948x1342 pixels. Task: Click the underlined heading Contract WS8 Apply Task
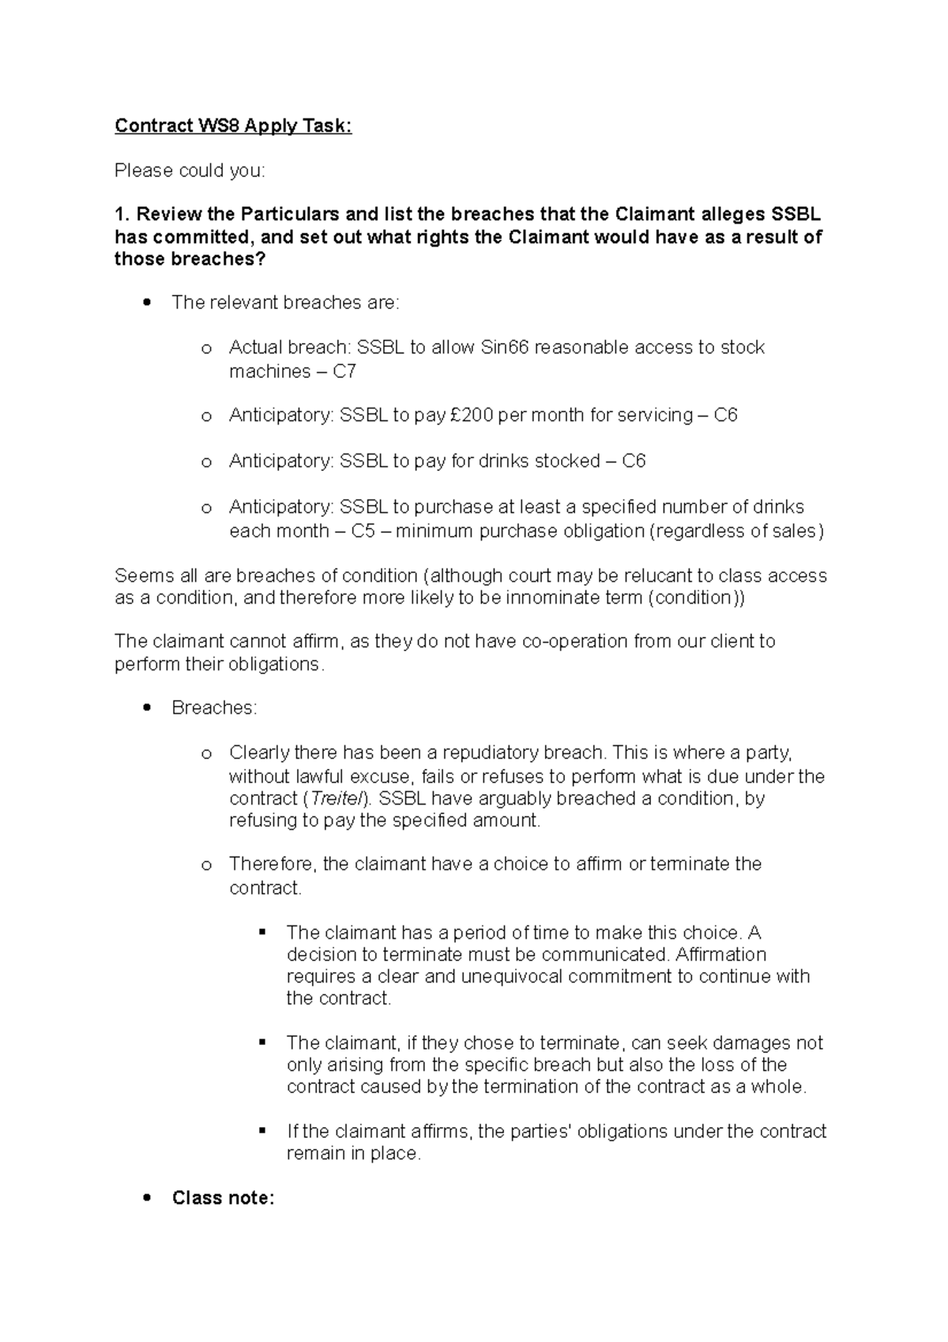[233, 126]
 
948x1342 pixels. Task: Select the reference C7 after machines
[344, 371]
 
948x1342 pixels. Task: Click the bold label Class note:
[223, 1198]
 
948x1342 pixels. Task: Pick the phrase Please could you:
[190, 171]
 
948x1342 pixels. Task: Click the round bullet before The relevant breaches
[147, 303]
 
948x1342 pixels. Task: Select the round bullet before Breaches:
[147, 708]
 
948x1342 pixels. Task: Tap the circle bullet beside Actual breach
[206, 349]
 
